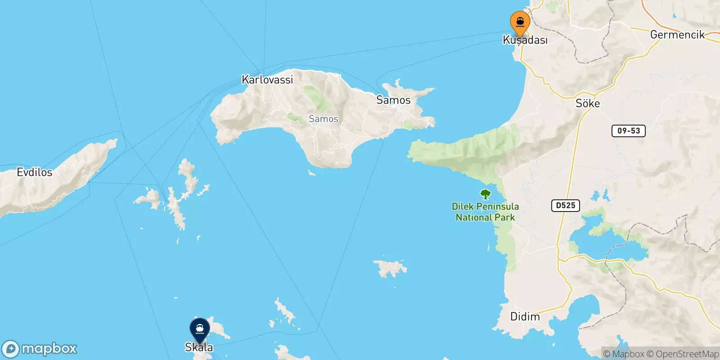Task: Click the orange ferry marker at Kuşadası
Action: point(520,22)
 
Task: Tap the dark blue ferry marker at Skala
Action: point(199,329)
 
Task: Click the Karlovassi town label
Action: point(267,80)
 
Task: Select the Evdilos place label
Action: point(34,172)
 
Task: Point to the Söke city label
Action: point(588,103)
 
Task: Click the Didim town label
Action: point(525,317)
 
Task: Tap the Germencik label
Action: point(677,35)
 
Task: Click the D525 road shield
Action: point(565,206)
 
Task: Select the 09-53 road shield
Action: point(628,131)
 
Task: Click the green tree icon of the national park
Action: point(485,194)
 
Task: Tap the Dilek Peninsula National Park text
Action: point(485,212)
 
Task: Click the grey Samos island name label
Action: point(323,119)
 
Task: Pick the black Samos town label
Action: point(393,100)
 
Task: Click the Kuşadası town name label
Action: point(525,40)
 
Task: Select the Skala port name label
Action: point(199,347)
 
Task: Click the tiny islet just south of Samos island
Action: point(311,172)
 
